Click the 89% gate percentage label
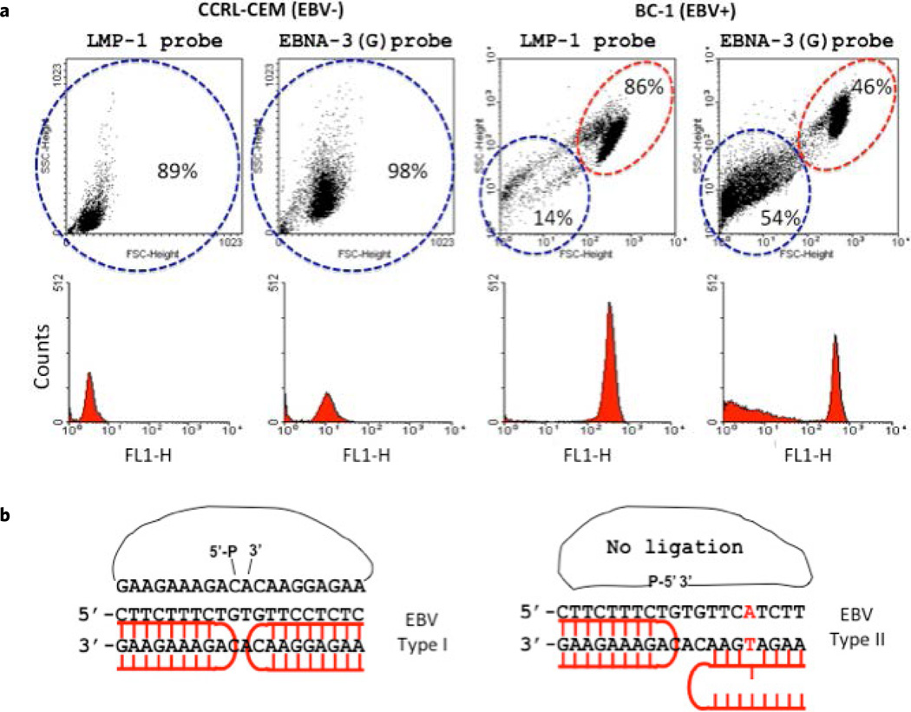pos(177,172)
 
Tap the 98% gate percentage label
pos(407,172)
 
